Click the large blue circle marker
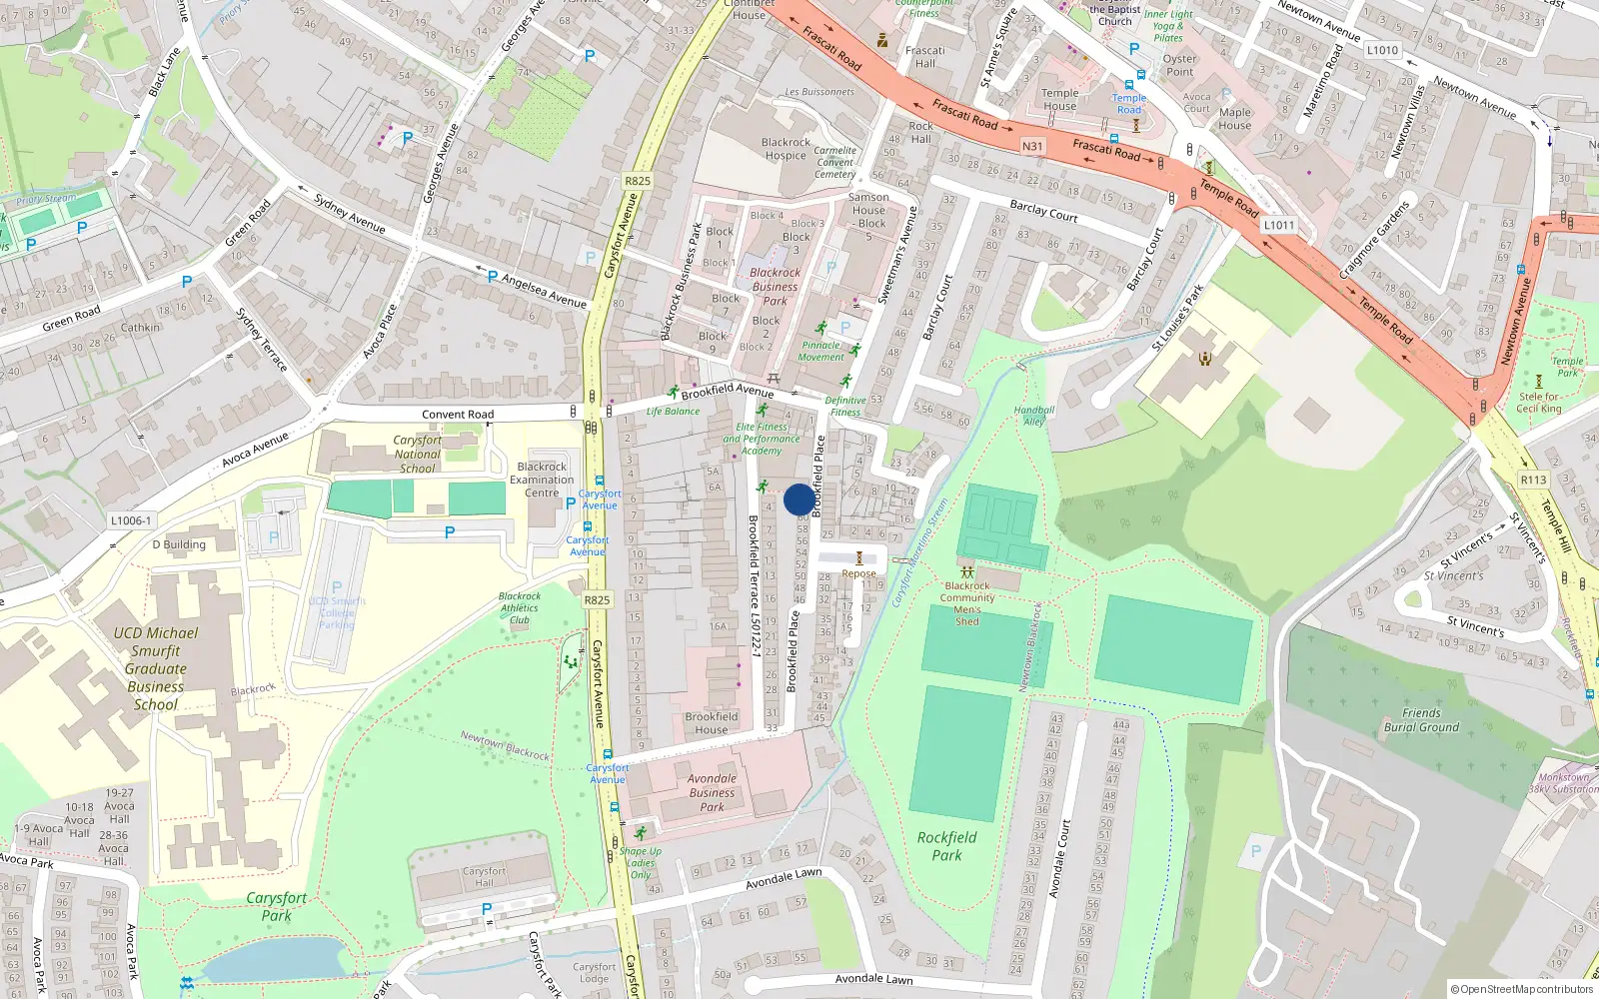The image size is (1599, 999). pos(799,499)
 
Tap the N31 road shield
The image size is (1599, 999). pos(1032,146)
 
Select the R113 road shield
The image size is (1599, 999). pos(1533,480)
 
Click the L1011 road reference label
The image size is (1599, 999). pos(1278,225)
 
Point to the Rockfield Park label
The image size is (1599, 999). pos(946,846)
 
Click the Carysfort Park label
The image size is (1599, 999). pos(277,906)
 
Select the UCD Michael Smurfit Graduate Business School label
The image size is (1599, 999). pos(156,668)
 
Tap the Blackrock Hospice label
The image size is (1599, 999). pos(786,149)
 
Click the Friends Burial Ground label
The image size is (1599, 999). pos(1421,720)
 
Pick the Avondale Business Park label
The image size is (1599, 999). pos(712,792)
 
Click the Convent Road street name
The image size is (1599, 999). pos(458,414)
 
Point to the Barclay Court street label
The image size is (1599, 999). pos(1043,211)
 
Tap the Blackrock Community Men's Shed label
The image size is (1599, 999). pos(966,603)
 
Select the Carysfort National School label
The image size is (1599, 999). pos(417,454)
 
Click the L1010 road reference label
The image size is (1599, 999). pos(1382,50)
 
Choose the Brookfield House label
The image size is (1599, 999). pos(712,723)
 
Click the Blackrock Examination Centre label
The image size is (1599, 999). pos(542,480)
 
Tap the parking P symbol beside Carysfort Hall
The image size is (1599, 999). pos(487,909)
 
